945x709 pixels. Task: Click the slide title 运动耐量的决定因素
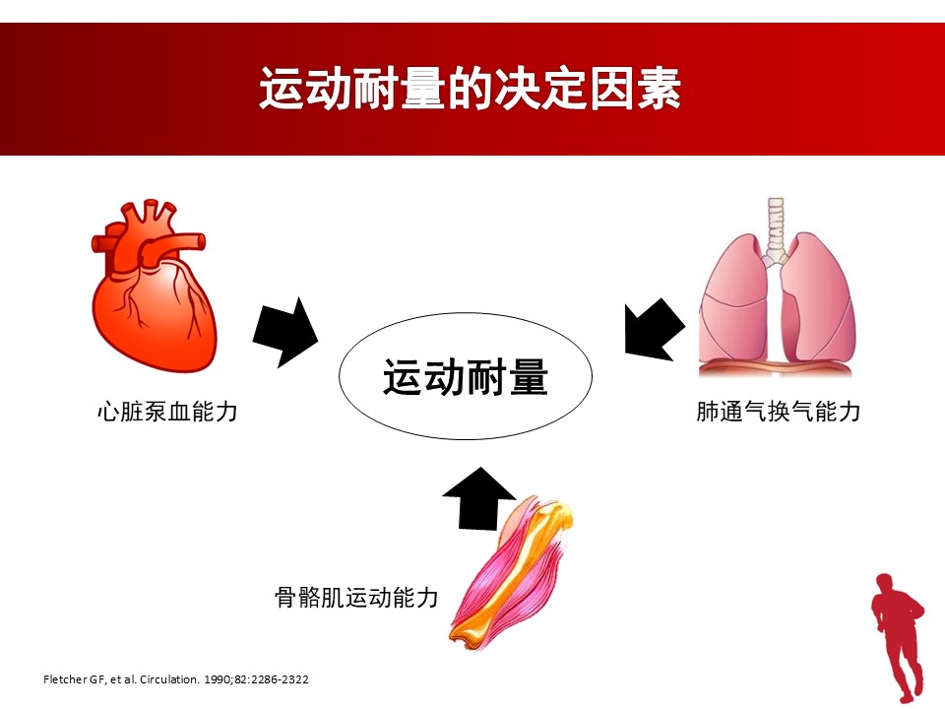[471, 89]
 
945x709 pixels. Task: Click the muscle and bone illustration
[511, 573]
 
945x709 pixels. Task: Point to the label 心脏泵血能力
[167, 412]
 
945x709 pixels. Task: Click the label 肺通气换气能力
[778, 412]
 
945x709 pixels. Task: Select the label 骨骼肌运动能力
[356, 598]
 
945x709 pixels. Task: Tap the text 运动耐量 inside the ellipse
[466, 377]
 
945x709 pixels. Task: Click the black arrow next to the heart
[285, 332]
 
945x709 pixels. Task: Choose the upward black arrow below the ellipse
[479, 498]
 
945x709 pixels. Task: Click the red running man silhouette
[898, 637]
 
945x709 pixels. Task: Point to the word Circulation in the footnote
[169, 679]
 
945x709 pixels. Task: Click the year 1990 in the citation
[216, 679]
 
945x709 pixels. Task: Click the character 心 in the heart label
[108, 412]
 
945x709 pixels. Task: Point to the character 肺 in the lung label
[708, 412]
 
